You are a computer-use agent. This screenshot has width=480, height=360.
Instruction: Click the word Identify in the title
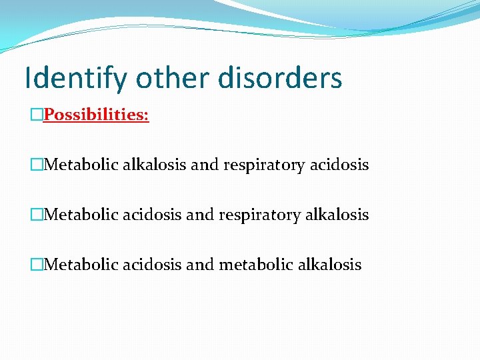click(75, 78)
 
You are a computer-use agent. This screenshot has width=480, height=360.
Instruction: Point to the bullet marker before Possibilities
click(36, 115)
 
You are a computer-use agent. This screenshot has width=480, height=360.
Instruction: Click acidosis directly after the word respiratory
click(339, 165)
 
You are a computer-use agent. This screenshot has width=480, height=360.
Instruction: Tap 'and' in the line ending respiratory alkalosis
click(198, 215)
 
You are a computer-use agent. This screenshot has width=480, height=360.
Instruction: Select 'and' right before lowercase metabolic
click(198, 265)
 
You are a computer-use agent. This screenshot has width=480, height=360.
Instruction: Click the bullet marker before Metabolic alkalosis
click(36, 165)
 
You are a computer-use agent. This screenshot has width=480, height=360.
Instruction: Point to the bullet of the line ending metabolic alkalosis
click(36, 265)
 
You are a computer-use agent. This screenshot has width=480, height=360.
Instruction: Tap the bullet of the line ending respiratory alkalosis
click(36, 215)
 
